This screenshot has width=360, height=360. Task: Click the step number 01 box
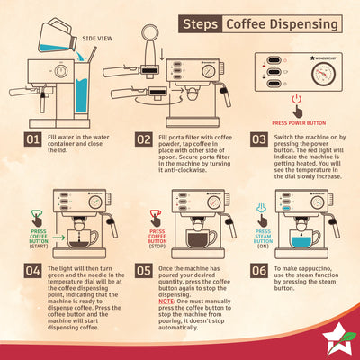pos(31,140)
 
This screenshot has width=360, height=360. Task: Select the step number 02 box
pos(144,140)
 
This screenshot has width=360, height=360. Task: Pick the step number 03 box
pos(258,140)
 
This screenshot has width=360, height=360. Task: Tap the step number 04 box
pos(31,269)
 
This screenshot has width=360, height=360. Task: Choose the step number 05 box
pos(144,269)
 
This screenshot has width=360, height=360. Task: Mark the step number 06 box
pos(258,269)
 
